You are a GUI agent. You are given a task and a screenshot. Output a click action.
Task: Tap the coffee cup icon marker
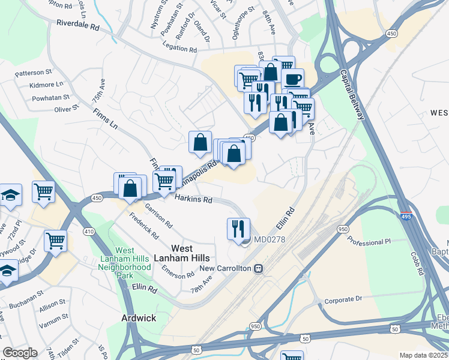click(x=292, y=79)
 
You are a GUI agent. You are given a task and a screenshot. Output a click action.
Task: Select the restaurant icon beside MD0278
click(x=238, y=228)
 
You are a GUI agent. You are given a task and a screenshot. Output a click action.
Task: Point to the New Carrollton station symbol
click(x=259, y=268)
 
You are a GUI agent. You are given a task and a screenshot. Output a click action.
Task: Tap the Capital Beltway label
click(x=352, y=94)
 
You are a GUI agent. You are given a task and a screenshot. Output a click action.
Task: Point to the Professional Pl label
click(x=369, y=241)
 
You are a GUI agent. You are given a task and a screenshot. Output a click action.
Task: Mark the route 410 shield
click(x=89, y=231)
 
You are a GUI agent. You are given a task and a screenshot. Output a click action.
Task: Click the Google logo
click(x=20, y=352)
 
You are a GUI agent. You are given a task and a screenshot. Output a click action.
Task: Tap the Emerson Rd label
click(x=178, y=271)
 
